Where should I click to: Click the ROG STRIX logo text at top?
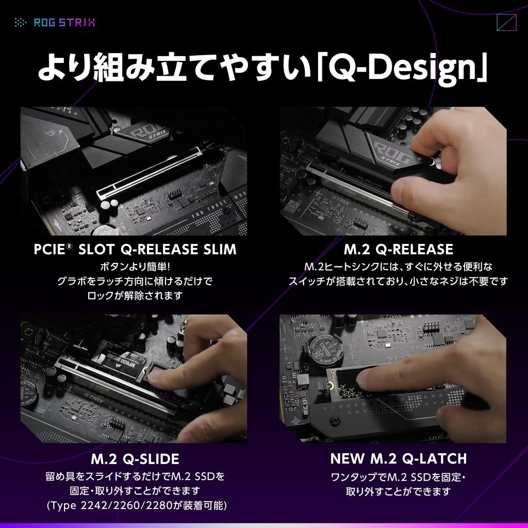click(64, 22)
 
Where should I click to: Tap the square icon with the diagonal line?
click(506, 23)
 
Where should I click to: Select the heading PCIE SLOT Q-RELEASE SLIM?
click(135, 250)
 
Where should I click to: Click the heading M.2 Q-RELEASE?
click(398, 250)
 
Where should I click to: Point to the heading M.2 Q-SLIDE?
click(135, 458)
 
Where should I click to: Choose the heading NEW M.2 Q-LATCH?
click(398, 458)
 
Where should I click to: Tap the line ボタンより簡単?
click(135, 267)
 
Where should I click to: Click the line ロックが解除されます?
click(135, 295)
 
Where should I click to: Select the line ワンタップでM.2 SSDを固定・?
click(398, 477)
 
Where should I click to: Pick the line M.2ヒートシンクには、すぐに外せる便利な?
click(398, 267)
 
